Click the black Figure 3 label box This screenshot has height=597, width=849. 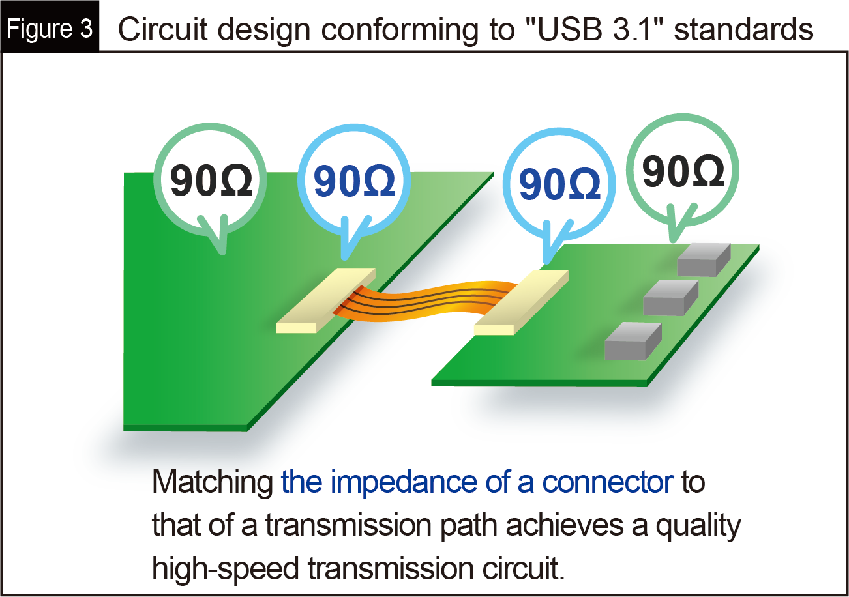[50, 27]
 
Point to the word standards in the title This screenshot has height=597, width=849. [743, 29]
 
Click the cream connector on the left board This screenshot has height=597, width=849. [326, 300]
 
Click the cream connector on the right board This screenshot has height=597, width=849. [522, 302]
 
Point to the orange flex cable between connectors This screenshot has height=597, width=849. [425, 300]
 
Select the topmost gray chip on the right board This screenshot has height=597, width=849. [704, 259]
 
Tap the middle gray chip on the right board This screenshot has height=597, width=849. [671, 298]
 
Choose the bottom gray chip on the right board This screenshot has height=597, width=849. [633, 341]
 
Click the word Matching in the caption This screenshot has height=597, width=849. [213, 482]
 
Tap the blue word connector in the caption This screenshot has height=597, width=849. [608, 482]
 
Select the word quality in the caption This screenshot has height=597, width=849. [698, 526]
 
